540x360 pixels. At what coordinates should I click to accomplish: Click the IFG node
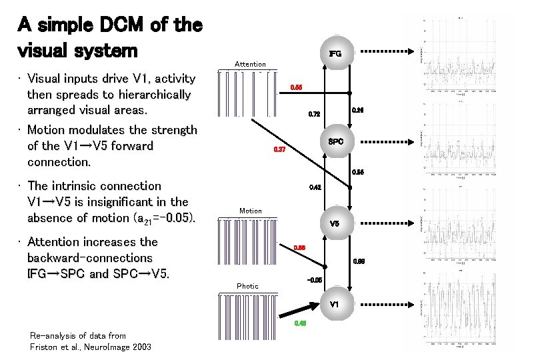[x=335, y=53]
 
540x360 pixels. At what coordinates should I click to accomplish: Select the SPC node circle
[x=336, y=141]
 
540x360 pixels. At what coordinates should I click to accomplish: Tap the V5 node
[x=335, y=224]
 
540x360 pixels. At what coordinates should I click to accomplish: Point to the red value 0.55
[x=295, y=87]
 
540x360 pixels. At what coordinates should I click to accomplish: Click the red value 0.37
[x=280, y=149]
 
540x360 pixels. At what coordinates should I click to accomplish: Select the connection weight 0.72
[x=314, y=115]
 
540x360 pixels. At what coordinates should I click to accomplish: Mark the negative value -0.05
[x=315, y=280]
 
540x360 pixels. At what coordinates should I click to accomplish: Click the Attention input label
[x=250, y=64]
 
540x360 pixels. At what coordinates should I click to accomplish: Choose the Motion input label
[x=250, y=211]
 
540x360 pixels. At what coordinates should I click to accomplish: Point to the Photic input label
[x=247, y=286]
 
